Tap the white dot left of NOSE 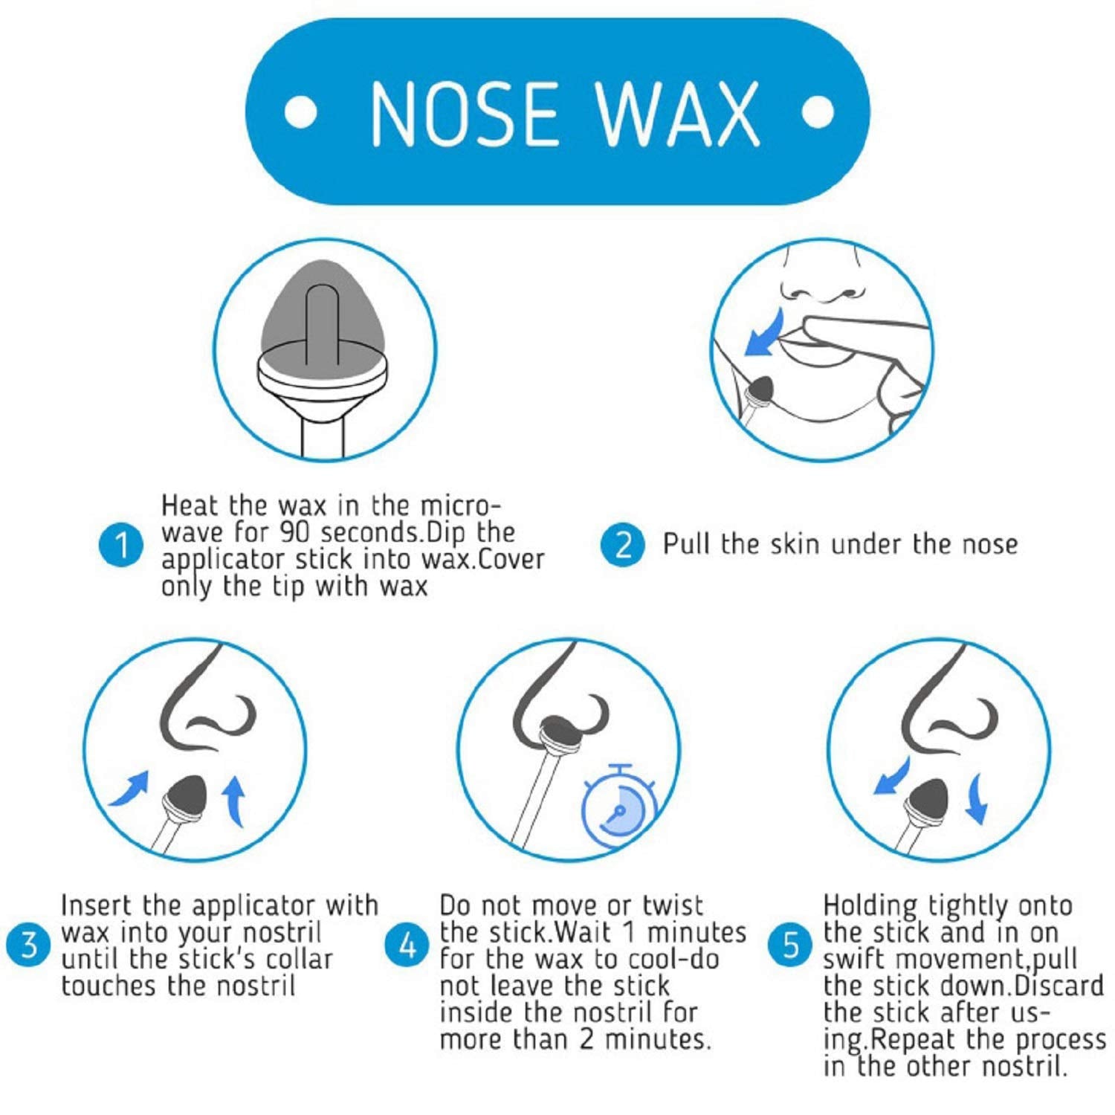click(301, 113)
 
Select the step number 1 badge click(119, 546)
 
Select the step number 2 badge click(621, 545)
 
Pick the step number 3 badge click(29, 946)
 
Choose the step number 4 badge click(407, 946)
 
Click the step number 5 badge click(792, 946)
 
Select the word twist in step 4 click(671, 906)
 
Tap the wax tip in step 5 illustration click(929, 795)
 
